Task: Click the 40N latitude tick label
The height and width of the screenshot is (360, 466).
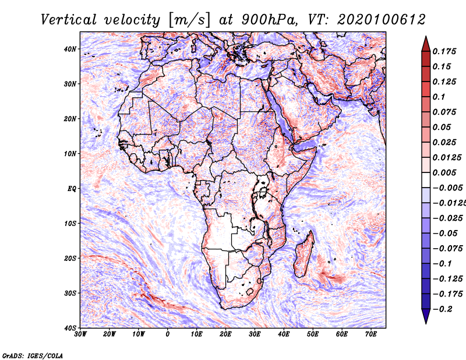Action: (x=69, y=49)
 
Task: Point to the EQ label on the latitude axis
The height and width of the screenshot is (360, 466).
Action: (x=72, y=189)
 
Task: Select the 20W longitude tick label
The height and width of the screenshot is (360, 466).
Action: (x=110, y=334)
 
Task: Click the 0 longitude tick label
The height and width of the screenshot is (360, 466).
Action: (x=168, y=334)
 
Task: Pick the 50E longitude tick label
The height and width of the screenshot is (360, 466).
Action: (x=313, y=334)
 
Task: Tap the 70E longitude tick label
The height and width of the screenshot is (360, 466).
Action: (x=371, y=334)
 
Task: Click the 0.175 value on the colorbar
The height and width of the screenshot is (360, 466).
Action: (x=444, y=51)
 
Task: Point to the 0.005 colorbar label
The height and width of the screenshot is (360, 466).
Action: (x=444, y=172)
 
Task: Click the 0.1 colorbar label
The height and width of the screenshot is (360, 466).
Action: (x=439, y=97)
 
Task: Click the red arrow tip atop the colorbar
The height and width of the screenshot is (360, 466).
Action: (x=426, y=37)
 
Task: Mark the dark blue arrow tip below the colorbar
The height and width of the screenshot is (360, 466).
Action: (x=426, y=323)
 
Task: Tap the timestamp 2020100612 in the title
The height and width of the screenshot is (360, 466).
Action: (x=382, y=20)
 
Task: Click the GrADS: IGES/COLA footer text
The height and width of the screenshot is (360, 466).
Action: (x=33, y=355)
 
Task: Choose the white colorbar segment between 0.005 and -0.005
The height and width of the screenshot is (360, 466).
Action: (x=426, y=180)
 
